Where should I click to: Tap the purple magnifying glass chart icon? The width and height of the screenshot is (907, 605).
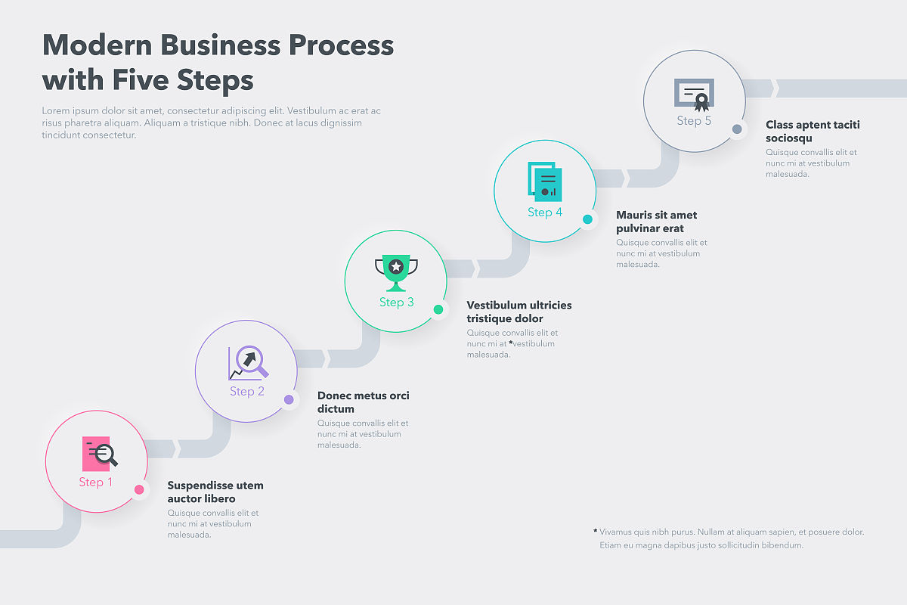click(249, 363)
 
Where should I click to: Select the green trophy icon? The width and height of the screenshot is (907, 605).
click(396, 272)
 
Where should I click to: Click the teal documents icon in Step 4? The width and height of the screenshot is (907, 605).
click(545, 182)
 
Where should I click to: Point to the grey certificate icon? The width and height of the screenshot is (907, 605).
click(694, 95)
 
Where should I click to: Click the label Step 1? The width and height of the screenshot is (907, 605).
click(96, 482)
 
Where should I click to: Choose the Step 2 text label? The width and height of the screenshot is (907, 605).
click(247, 392)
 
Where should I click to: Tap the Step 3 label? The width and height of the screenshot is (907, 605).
click(397, 302)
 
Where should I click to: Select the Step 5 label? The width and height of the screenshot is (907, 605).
click(694, 121)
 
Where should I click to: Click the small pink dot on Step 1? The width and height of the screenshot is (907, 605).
click(139, 490)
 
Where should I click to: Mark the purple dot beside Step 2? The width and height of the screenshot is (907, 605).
click(289, 400)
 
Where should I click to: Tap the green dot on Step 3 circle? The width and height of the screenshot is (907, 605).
click(438, 309)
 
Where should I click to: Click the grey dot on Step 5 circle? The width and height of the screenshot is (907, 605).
click(737, 129)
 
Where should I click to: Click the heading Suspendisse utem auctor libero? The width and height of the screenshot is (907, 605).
click(215, 492)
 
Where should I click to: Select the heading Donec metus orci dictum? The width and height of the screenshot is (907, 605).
click(363, 402)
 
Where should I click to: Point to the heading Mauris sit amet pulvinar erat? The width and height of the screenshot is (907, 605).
click(656, 222)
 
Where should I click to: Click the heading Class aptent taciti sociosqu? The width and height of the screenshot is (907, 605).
click(813, 132)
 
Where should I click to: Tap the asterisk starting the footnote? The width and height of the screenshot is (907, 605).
click(596, 531)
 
